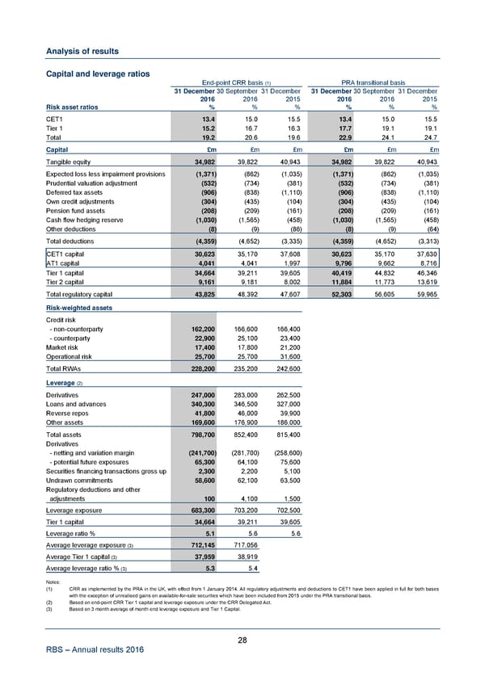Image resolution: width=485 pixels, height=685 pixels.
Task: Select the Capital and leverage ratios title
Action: pyautogui.click(x=86, y=74)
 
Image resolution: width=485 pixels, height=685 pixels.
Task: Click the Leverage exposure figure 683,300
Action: pyautogui.click(x=198, y=488)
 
